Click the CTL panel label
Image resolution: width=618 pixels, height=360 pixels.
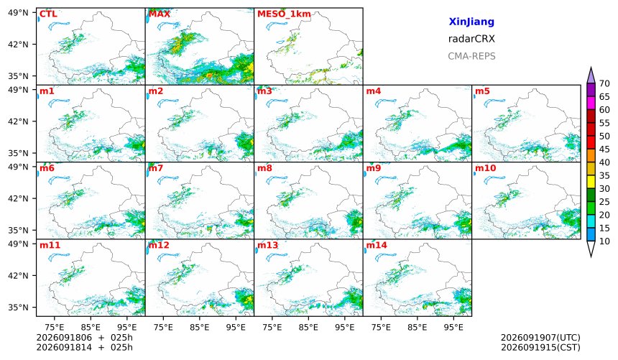pyautogui.click(x=48, y=14)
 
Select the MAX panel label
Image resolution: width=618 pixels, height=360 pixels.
pyautogui.click(x=160, y=14)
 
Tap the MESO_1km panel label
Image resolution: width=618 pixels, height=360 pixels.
pyautogui.click(x=284, y=14)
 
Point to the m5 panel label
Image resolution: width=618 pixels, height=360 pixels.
pyautogui.click(x=482, y=91)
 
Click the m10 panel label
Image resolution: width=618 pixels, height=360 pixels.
pyautogui.click(x=485, y=168)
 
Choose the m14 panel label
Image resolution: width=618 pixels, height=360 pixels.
pyautogui.click(x=377, y=245)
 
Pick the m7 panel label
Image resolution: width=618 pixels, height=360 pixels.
pyautogui.click(x=156, y=168)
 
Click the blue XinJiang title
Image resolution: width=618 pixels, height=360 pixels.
pyautogui.click(x=471, y=22)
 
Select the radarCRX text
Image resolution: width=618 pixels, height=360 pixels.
pyautogui.click(x=471, y=39)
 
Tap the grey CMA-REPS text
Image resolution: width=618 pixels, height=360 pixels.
pyautogui.click(x=471, y=56)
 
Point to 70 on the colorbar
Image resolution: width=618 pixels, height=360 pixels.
pyautogui.click(x=604, y=83)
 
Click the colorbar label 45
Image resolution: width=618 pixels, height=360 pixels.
pyautogui.click(x=604, y=149)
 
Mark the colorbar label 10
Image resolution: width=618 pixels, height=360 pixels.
pyautogui.click(x=604, y=241)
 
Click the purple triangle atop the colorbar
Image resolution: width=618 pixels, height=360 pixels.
pyautogui.click(x=591, y=75)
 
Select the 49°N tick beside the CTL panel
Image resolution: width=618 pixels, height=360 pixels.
pyautogui.click(x=18, y=13)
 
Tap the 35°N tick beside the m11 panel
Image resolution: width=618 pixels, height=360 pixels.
pyautogui.click(x=18, y=307)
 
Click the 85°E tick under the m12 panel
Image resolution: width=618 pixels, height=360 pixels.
pyautogui.click(x=200, y=327)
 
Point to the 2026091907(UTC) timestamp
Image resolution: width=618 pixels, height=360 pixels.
pyautogui.click(x=540, y=338)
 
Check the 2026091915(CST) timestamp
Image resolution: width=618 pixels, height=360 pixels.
pyautogui.click(x=540, y=347)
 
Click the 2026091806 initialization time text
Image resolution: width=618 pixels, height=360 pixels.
pyautogui.click(x=64, y=338)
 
